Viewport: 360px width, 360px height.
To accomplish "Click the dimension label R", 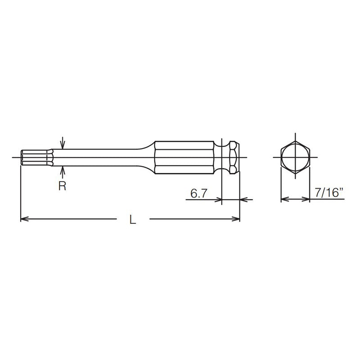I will (62, 186).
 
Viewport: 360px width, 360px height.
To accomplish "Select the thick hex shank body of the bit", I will (184, 157).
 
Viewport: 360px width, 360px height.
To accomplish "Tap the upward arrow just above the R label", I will (63, 171).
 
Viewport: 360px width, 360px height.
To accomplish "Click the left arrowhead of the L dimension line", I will (25, 220).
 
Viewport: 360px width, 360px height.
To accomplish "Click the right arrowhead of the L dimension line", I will (236, 220).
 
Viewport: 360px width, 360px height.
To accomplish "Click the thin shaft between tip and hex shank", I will (99, 157).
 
